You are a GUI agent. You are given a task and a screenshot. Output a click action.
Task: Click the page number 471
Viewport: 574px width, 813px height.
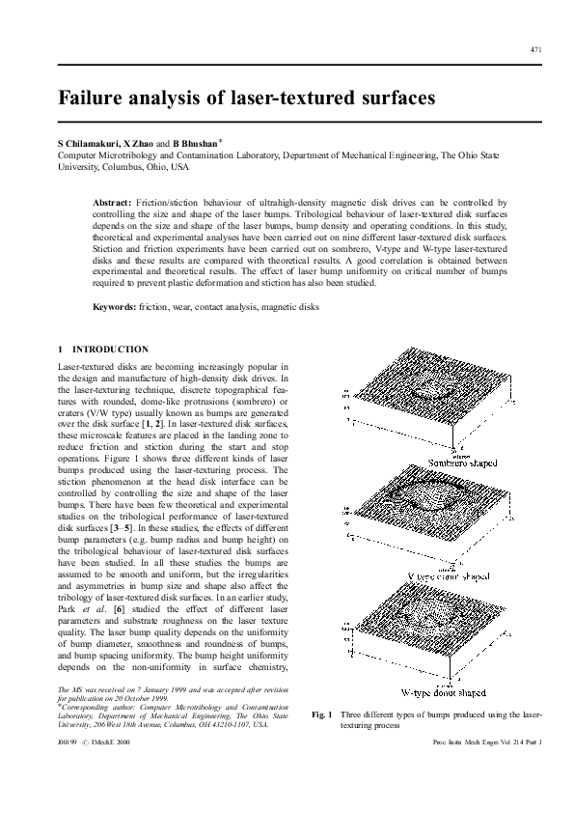pyautogui.click(x=536, y=50)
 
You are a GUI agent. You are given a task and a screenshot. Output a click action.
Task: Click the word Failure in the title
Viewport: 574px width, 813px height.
pyautogui.click(x=92, y=98)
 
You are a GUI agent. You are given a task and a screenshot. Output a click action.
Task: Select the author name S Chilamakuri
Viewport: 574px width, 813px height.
pyautogui.click(x=92, y=142)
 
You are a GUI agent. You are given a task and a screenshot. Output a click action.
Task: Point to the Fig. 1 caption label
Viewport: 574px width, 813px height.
pyautogui.click(x=322, y=715)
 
